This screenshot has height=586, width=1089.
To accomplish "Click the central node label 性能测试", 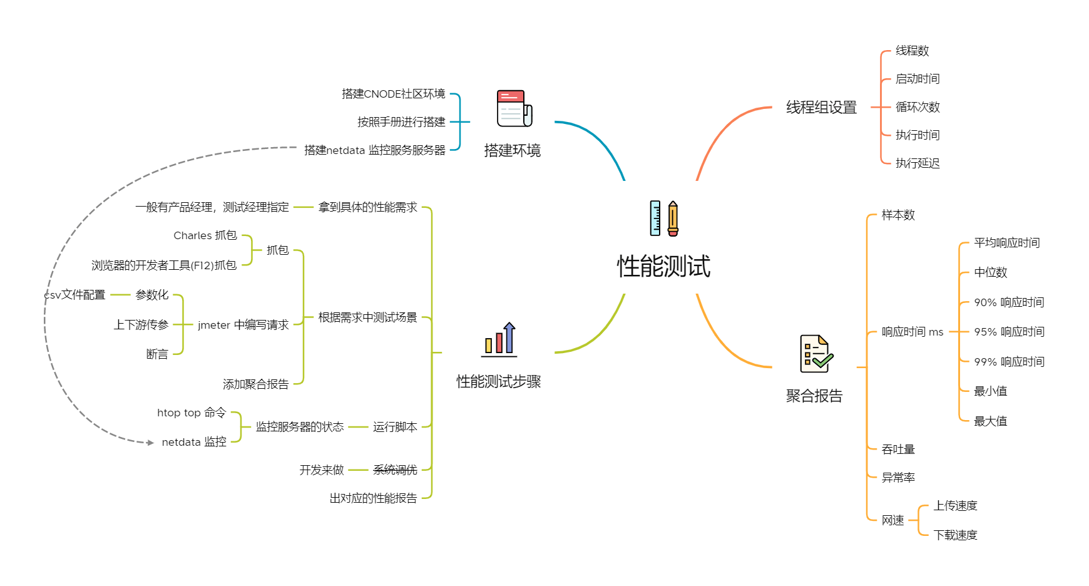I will click(663, 266).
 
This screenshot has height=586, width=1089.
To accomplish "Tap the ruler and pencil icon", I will click(663, 218).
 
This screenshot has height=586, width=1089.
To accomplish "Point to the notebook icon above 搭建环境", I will click(514, 108).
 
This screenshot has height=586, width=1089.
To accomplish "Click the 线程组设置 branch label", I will click(821, 108).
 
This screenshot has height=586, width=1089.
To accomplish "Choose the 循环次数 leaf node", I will click(918, 107).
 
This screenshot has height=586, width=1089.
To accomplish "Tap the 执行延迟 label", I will click(918, 163).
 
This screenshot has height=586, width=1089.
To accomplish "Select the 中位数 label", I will click(990, 272).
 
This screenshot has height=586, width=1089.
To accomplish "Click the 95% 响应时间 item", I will click(1009, 332).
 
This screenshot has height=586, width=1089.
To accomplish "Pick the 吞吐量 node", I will click(898, 450).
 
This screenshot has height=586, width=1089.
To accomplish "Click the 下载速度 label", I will click(955, 535).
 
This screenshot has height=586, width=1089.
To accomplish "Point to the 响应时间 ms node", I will click(912, 332).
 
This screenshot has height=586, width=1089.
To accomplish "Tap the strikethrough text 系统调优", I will click(395, 470).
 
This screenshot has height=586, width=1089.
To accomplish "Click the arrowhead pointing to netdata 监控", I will click(150, 443).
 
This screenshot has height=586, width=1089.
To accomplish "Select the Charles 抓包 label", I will click(205, 235).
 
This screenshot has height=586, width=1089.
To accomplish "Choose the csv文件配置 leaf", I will click(75, 295).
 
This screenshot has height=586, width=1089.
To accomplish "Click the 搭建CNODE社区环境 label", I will click(393, 94).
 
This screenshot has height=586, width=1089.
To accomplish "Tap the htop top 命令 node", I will click(191, 413).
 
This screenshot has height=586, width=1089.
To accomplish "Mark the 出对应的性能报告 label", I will click(373, 498).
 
